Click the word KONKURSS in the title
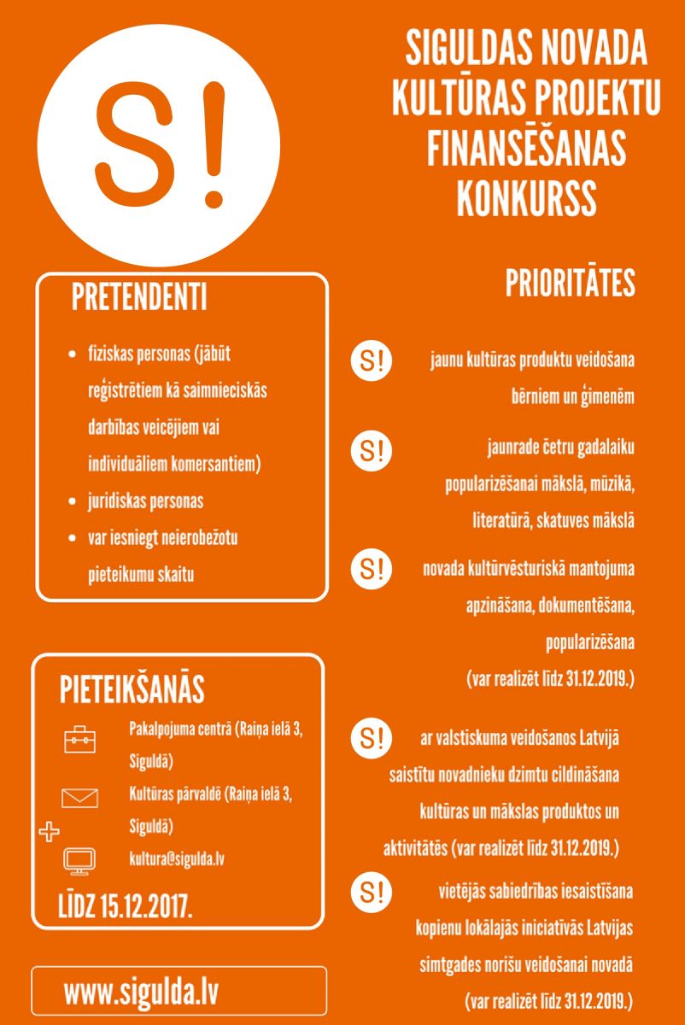point(526,196)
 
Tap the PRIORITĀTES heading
point(570,284)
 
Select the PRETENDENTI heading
point(139,296)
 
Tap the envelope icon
point(80,798)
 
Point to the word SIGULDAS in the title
point(467,50)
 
